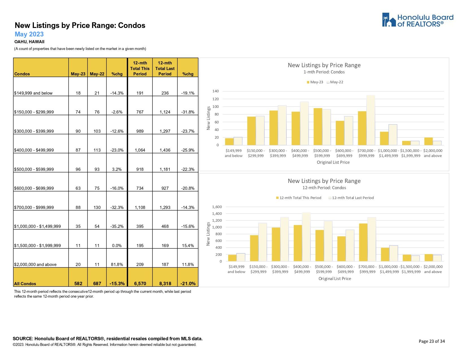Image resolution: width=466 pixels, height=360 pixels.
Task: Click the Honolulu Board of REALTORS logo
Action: click(x=417, y=20)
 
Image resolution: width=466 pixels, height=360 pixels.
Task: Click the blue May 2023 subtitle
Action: click(x=29, y=34)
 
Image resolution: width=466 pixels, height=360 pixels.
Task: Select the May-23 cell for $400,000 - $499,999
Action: click(x=78, y=150)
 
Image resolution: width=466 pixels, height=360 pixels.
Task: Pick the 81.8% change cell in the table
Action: click(x=117, y=265)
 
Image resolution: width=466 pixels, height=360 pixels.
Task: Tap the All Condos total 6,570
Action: click(x=140, y=283)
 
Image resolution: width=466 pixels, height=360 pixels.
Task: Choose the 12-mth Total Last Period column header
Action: click(x=165, y=68)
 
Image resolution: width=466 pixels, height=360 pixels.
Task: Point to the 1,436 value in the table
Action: click(x=165, y=150)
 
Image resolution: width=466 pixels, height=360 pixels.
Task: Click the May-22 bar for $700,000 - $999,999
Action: click(x=371, y=120)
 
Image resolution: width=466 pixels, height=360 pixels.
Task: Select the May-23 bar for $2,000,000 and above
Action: click(x=428, y=141)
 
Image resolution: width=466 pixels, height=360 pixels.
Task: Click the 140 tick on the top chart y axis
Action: click(x=215, y=91)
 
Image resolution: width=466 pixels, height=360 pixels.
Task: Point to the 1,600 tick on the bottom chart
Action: click(x=217, y=207)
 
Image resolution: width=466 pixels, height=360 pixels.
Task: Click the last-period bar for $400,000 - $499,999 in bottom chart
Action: click(x=306, y=237)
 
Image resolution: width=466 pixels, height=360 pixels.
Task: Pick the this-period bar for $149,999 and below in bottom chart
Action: click(x=232, y=258)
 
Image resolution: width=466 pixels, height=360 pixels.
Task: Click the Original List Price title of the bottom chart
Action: click(x=335, y=279)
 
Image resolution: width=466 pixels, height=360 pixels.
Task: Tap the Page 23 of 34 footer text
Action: click(x=432, y=341)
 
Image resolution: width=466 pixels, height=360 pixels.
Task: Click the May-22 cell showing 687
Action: click(x=97, y=283)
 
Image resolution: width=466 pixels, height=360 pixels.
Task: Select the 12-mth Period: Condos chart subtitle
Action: click(x=324, y=188)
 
